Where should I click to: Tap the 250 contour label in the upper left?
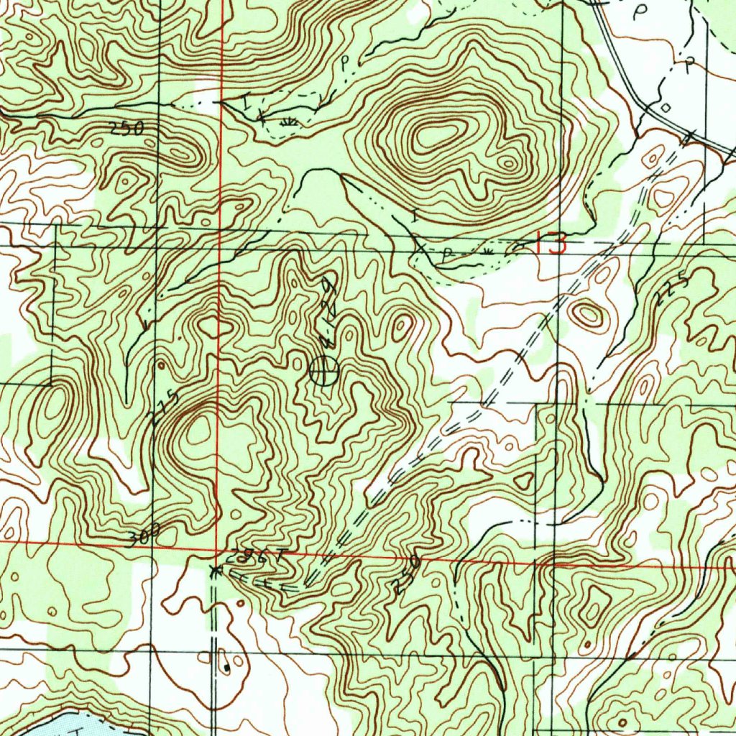(126, 128)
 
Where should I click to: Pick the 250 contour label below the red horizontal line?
(406, 573)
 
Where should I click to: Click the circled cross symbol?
(323, 370)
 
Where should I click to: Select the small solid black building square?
(226, 667)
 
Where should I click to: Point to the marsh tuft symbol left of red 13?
(487, 251)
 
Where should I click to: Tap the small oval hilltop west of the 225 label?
(588, 313)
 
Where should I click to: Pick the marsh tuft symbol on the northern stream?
(290, 122)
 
